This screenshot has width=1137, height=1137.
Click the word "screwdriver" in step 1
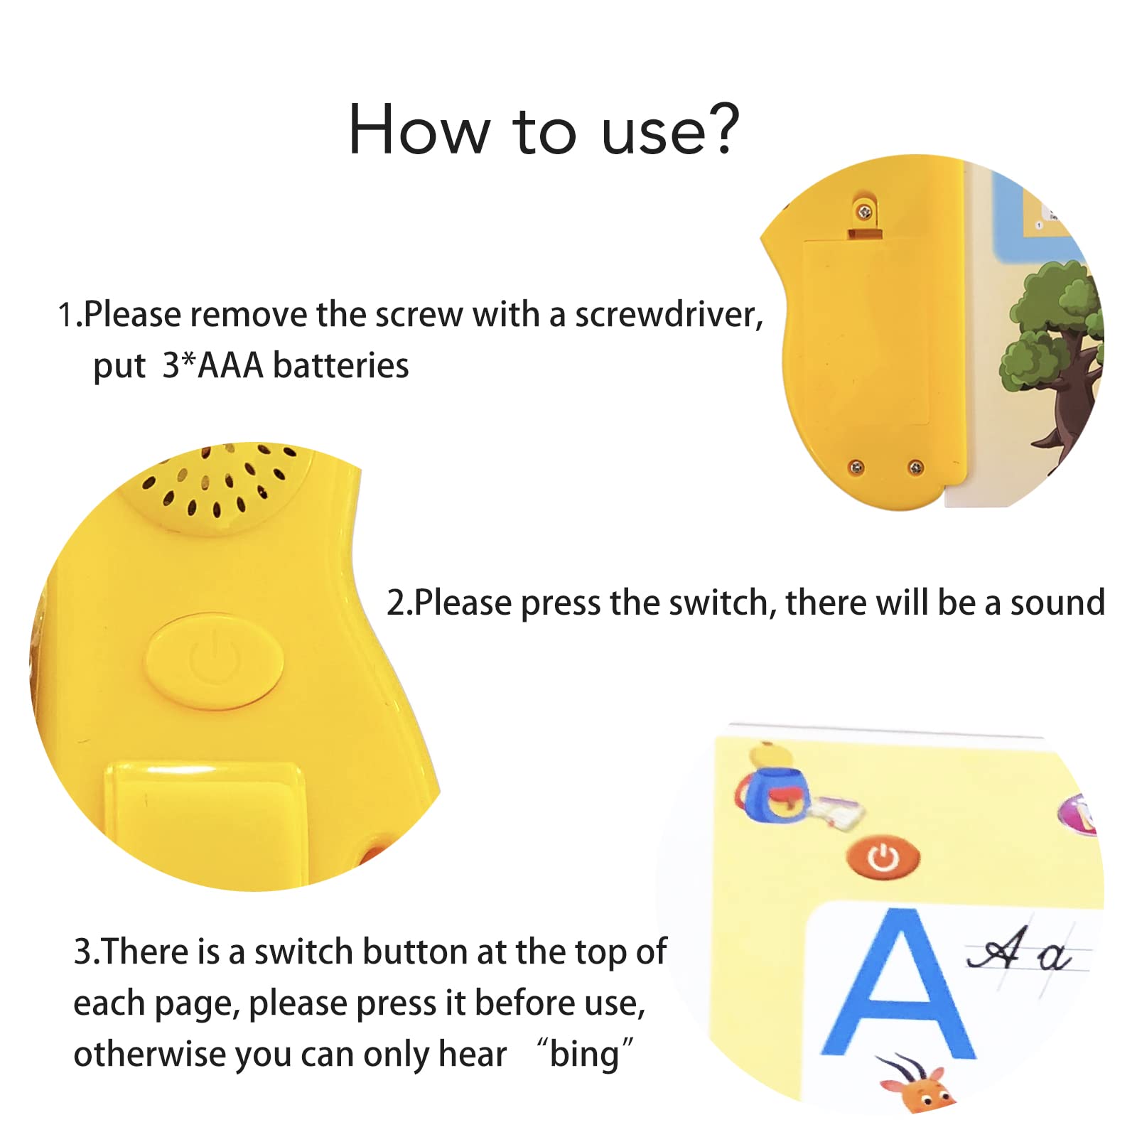tap(669, 314)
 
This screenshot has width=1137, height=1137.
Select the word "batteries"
tap(341, 366)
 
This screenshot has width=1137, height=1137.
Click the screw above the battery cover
tap(864, 212)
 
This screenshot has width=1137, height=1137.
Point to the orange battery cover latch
tap(865, 234)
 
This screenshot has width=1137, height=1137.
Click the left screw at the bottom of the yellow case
tap(857, 467)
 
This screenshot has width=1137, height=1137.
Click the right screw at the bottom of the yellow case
tap(916, 467)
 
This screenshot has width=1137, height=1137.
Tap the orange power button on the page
tap(883, 858)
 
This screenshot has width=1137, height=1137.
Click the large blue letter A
tap(898, 984)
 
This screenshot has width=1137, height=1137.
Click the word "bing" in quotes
tap(585, 1055)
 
